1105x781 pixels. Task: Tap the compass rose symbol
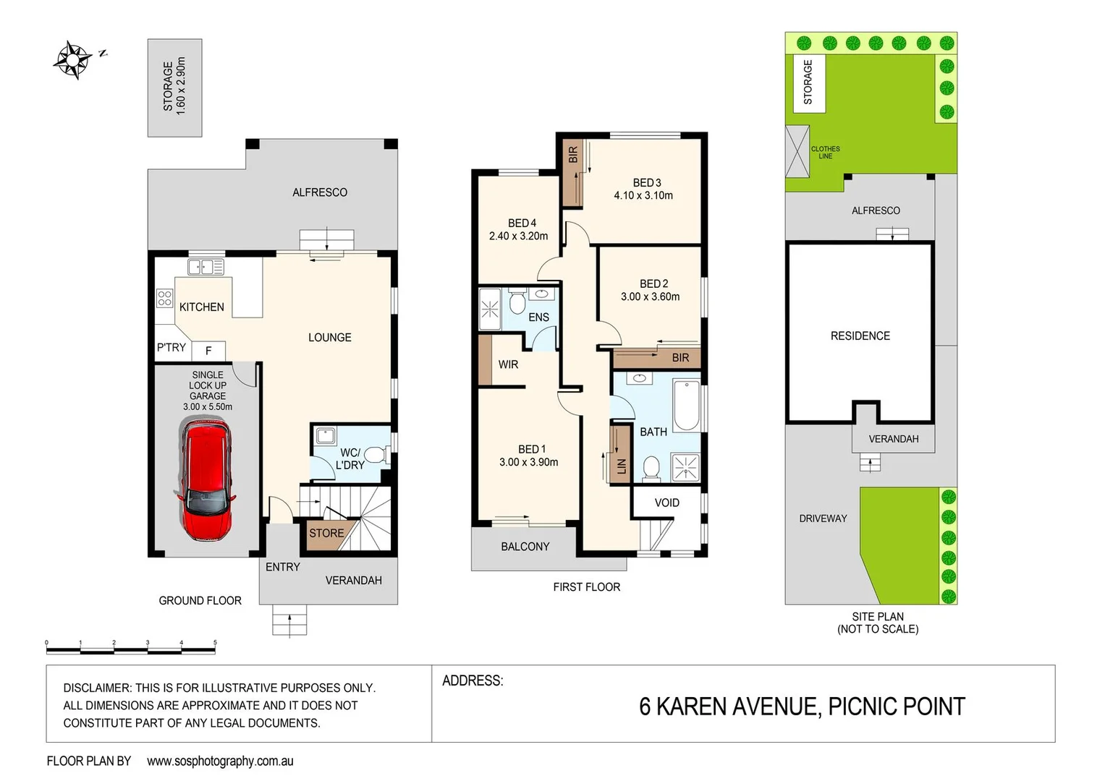(x=72, y=59)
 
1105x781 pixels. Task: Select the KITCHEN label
(x=201, y=307)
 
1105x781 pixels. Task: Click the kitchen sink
(x=206, y=268)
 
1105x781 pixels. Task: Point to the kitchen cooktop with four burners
(x=165, y=298)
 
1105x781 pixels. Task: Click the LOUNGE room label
(x=329, y=338)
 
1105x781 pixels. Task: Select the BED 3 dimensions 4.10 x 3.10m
(x=643, y=195)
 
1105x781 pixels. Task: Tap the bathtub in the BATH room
(x=686, y=406)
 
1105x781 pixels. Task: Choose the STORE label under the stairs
(x=326, y=533)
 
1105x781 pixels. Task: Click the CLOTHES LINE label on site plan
(x=825, y=153)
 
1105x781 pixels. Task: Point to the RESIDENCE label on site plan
(x=860, y=336)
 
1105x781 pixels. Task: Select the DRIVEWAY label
(x=823, y=518)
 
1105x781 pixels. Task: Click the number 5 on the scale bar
(x=215, y=642)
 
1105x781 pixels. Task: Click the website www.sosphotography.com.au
(x=220, y=761)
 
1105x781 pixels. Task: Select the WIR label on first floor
(x=508, y=364)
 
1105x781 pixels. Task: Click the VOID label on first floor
(x=666, y=503)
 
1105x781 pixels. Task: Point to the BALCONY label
(x=525, y=547)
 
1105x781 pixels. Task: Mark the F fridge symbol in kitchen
(x=208, y=351)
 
